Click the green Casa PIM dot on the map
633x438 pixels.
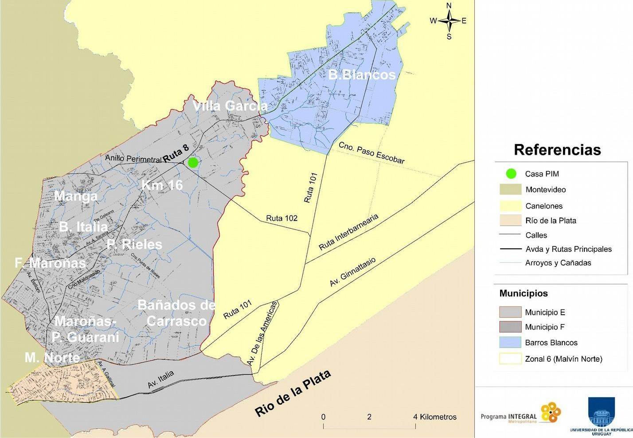coord(193,163)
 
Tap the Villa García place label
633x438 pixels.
coord(230,106)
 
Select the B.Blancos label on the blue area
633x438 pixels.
coord(362,74)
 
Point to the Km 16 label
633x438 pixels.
coord(162,185)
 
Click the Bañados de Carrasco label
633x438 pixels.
coord(176,313)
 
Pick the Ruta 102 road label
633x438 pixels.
coord(281,218)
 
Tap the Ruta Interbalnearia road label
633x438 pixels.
coord(348,232)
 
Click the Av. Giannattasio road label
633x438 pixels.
coord(352,272)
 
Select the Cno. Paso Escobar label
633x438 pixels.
coord(371,153)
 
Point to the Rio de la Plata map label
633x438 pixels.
coord(293,394)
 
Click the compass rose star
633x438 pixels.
coord(449,21)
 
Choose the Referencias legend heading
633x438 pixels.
coord(557,150)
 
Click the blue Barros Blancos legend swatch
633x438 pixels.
coord(510,342)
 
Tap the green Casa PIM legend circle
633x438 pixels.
coord(511,174)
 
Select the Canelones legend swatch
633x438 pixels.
coord(510,206)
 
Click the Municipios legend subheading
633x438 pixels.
coord(524,293)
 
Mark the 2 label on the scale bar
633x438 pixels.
coord(369,417)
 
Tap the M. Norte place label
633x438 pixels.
coord(52,357)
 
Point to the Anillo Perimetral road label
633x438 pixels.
coord(133,158)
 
